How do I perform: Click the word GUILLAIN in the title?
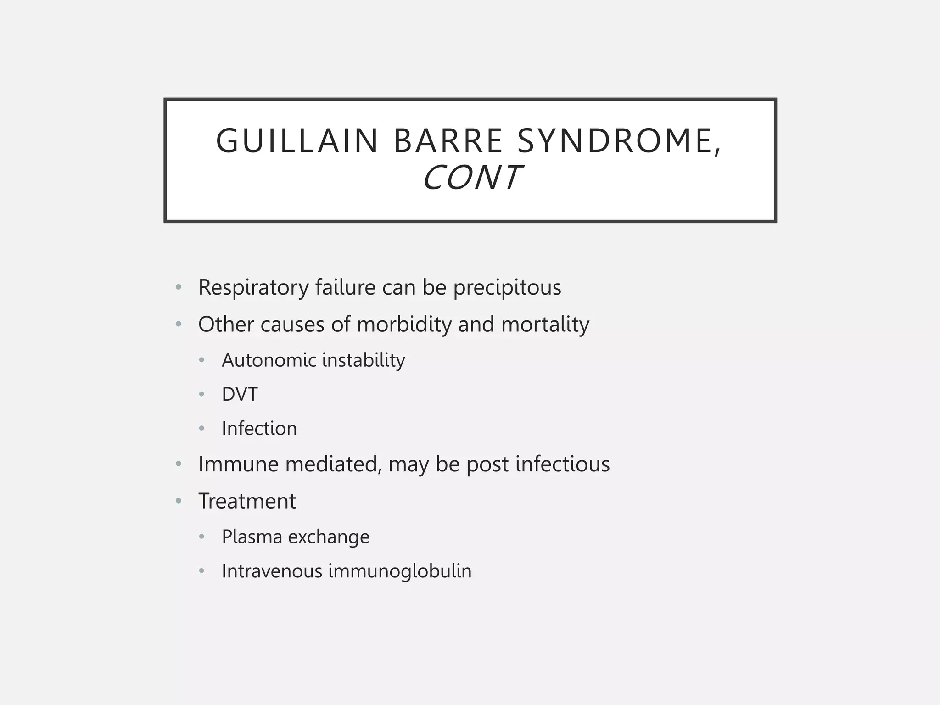(297, 141)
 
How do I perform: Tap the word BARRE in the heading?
(448, 141)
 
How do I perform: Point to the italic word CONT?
(471, 178)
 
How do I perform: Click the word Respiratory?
(253, 288)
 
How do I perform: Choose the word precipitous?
(507, 288)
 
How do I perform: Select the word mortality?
(545, 325)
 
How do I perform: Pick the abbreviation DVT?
(240, 395)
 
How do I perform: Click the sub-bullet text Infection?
(259, 429)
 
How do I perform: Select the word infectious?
(562, 464)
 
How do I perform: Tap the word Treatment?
(247, 501)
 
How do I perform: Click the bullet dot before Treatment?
(179, 501)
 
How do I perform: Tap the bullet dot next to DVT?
(201, 394)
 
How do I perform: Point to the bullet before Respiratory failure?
(179, 288)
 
